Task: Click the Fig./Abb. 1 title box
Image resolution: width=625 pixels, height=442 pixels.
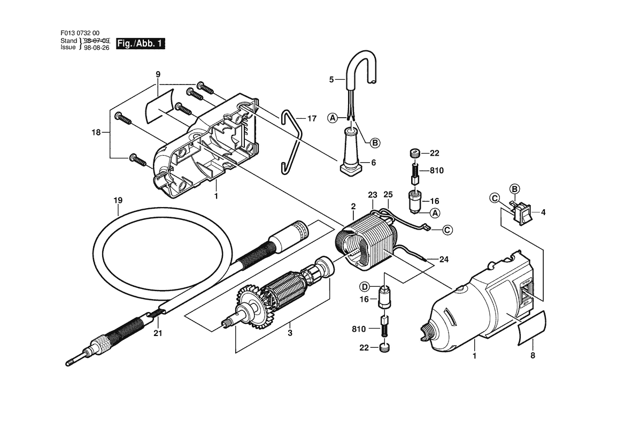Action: (x=140, y=43)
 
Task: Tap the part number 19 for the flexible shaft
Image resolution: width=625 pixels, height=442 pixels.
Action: (x=118, y=200)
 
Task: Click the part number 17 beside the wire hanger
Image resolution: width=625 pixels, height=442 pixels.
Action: (x=312, y=118)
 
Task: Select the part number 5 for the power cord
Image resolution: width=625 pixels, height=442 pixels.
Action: (x=331, y=80)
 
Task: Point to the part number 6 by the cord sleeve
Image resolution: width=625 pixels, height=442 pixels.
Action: (x=374, y=163)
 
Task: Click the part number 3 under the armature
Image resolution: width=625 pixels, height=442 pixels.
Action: (x=290, y=333)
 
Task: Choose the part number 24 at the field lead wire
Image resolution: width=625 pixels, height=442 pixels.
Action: (x=444, y=260)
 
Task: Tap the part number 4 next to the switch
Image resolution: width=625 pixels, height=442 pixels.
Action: (x=543, y=212)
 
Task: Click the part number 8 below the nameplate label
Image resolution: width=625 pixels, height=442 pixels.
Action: (x=533, y=355)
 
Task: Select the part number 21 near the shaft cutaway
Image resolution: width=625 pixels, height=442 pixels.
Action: (x=158, y=333)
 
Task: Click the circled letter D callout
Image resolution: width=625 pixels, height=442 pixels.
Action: (x=364, y=286)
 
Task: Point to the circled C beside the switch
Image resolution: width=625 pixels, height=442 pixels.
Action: (x=495, y=198)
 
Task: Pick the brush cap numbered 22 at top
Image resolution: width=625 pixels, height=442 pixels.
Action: (x=414, y=153)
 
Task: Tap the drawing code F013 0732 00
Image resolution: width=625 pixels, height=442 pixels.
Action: (x=80, y=34)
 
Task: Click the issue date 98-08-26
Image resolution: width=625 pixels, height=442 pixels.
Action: (x=96, y=48)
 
